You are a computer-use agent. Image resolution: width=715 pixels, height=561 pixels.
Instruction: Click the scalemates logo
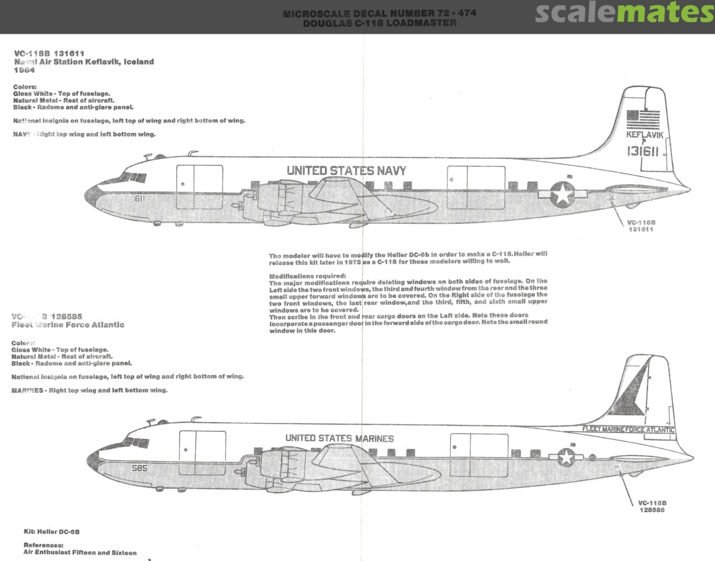624,13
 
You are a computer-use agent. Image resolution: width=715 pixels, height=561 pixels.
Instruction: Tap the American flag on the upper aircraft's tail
643,119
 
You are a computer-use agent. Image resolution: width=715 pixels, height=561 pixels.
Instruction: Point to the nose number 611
140,198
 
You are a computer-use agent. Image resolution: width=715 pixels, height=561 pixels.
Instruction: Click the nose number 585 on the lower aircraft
140,468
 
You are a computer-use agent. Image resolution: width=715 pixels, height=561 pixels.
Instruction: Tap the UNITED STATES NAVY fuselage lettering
346,171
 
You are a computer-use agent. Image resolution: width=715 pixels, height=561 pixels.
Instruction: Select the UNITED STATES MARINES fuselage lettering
339,438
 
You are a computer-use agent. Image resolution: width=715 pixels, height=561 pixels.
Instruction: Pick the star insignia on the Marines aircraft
566,456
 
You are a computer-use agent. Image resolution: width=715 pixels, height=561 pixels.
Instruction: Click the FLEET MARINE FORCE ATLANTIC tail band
628,429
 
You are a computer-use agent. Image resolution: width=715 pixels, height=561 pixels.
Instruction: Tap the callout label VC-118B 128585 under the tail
651,506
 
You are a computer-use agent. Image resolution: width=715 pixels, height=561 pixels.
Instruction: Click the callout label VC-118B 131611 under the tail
640,226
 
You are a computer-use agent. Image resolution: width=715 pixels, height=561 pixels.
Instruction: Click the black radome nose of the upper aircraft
91,195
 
